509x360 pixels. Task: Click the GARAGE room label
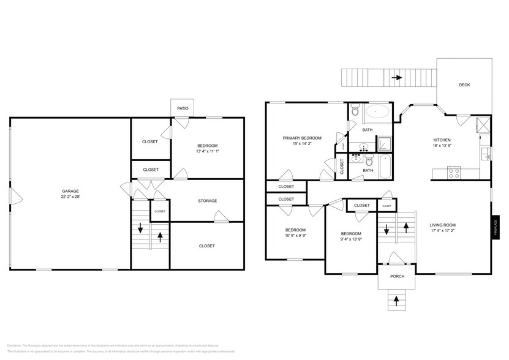(x=70, y=191)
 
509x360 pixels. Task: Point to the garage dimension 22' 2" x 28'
(x=70, y=197)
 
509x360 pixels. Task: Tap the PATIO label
(x=183, y=108)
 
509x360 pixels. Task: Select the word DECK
(x=464, y=85)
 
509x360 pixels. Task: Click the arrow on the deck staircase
(x=397, y=78)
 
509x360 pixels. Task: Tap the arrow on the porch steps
(x=396, y=300)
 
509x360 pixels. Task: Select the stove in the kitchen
(x=453, y=173)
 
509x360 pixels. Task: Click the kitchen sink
(x=486, y=154)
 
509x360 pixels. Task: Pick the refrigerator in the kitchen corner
(x=483, y=124)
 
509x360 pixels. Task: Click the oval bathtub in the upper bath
(x=377, y=112)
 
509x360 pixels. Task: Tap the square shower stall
(x=383, y=144)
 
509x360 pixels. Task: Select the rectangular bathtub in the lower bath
(x=385, y=167)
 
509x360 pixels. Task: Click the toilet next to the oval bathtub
(x=356, y=112)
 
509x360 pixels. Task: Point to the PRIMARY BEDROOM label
(x=302, y=138)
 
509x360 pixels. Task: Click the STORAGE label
(x=207, y=201)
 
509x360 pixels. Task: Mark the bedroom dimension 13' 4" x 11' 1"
(x=207, y=151)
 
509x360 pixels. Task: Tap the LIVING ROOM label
(x=442, y=225)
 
